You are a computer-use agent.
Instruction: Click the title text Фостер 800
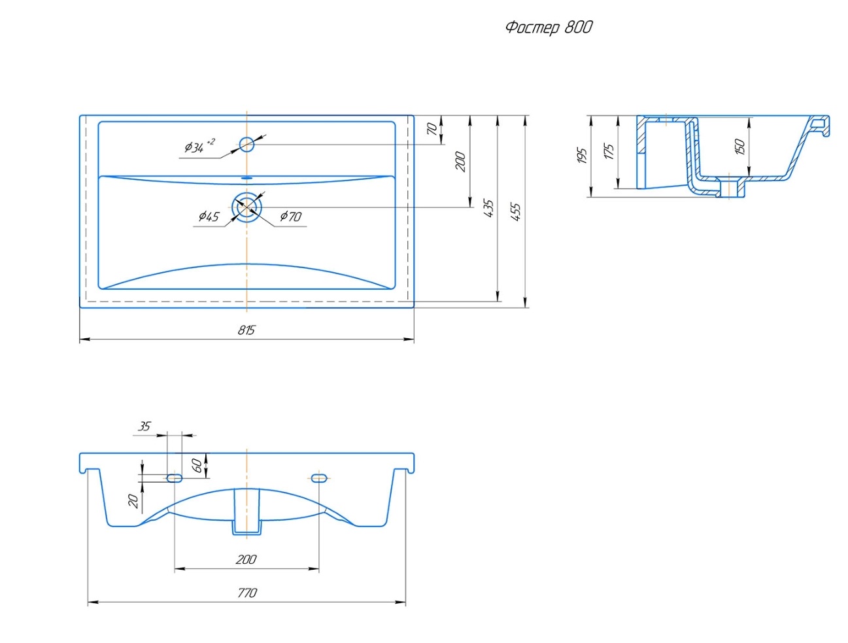[549, 27]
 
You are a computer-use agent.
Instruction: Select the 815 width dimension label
[246, 330]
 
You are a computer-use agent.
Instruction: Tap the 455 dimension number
[516, 211]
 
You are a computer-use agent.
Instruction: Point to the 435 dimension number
[488, 209]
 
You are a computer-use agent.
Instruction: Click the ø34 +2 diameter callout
[199, 147]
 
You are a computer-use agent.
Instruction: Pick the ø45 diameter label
[209, 216]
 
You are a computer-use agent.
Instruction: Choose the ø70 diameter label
[291, 216]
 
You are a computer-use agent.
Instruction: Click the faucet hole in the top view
[246, 144]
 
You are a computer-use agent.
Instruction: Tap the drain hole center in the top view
[246, 207]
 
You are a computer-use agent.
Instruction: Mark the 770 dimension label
[246, 593]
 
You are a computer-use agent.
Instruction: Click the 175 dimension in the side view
[609, 152]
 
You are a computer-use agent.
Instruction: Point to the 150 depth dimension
[739, 146]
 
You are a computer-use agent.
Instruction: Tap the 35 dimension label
[144, 426]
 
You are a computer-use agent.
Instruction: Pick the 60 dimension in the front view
[197, 465]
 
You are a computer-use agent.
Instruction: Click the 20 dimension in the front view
[133, 500]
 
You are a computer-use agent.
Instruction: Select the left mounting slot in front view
[175, 478]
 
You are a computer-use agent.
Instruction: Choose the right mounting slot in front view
[319, 478]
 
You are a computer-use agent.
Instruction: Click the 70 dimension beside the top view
[432, 129]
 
